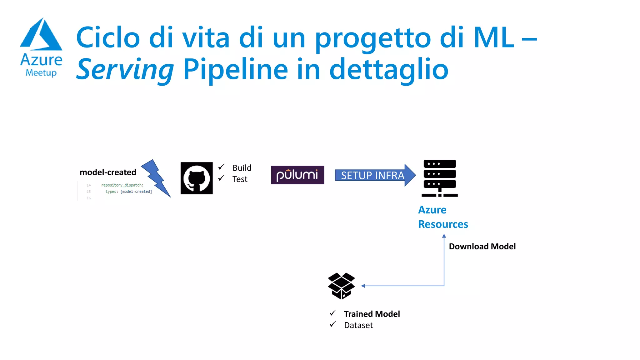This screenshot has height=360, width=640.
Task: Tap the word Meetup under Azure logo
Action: [x=41, y=73]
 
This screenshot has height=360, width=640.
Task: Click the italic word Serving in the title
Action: [x=125, y=69]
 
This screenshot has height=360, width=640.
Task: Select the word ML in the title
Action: [x=493, y=38]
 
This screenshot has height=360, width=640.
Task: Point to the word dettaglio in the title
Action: [x=389, y=69]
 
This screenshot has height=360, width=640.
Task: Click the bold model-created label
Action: [x=108, y=172]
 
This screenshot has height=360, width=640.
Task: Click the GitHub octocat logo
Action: [x=197, y=178]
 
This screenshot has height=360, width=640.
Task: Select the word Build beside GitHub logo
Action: [x=242, y=168]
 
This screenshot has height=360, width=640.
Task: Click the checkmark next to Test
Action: [x=221, y=178]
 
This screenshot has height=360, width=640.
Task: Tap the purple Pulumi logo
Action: [x=297, y=175]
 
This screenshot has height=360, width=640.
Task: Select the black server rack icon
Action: [x=440, y=178]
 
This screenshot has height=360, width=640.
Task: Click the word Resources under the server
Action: [x=443, y=224]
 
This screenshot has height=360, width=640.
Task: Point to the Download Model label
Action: [x=482, y=246]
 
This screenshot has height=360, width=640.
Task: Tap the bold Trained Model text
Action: [x=372, y=314]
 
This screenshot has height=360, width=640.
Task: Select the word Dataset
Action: [x=358, y=325]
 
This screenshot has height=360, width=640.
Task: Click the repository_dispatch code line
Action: [x=122, y=185]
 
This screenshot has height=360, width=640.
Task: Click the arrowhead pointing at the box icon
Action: [x=363, y=286]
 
